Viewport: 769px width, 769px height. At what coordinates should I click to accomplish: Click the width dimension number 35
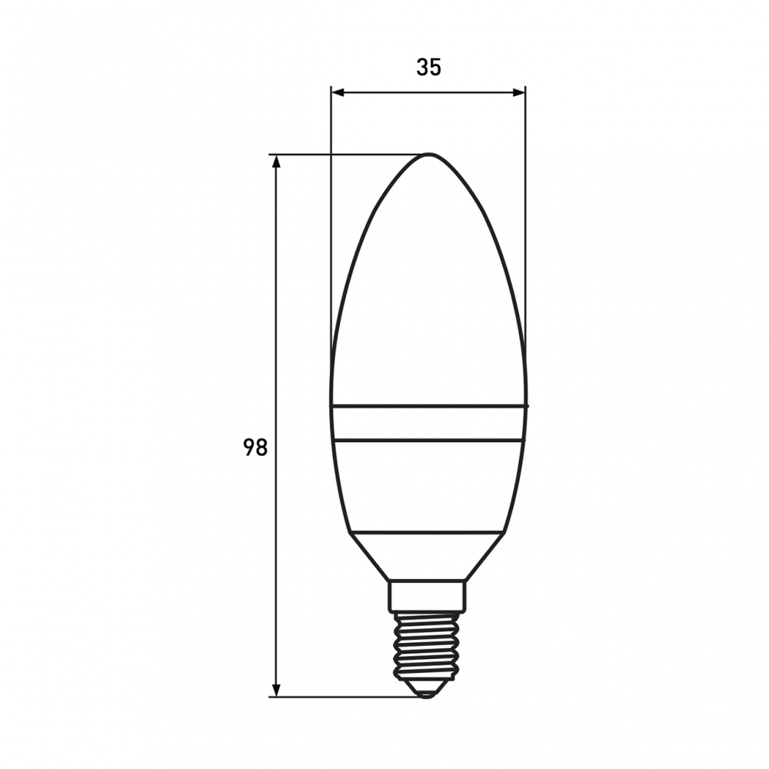(429, 68)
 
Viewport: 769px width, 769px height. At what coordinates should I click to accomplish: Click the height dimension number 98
(255, 447)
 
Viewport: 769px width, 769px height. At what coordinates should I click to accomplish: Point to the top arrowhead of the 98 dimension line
(276, 162)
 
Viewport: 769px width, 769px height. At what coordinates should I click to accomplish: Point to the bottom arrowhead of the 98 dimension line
(276, 690)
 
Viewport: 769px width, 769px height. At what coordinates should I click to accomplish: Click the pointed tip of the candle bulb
(428, 156)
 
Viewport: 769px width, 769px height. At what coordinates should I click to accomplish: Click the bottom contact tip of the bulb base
(427, 694)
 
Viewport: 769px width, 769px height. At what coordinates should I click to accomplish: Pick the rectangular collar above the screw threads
(428, 595)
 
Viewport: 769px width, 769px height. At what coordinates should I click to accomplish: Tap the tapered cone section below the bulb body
(428, 555)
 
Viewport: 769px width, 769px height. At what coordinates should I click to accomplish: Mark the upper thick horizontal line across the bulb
(428, 404)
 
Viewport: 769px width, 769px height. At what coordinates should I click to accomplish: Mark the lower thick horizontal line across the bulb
(428, 441)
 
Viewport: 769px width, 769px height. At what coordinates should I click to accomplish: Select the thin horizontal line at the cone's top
(428, 531)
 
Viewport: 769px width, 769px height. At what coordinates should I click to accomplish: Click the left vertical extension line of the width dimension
(331, 231)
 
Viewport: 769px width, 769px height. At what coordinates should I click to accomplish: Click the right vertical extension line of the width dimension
(525, 231)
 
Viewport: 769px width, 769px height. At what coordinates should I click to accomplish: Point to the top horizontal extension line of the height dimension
(346, 155)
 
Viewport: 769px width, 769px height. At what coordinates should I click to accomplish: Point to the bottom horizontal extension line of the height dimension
(346, 697)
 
